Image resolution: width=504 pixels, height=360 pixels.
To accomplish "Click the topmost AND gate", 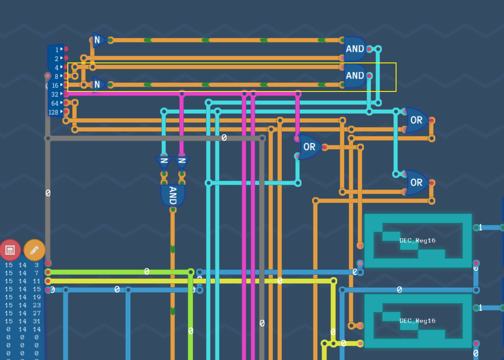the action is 355,49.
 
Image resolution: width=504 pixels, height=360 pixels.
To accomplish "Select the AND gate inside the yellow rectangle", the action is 355,75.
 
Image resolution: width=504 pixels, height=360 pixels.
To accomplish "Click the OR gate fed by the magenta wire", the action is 309,147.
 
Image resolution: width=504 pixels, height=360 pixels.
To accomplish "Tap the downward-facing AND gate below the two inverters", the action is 173,195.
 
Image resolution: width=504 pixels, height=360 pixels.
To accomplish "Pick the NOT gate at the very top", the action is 99,40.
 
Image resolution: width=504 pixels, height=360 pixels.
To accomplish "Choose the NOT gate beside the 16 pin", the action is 99,84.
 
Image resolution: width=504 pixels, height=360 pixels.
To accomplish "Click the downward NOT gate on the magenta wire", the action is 182,161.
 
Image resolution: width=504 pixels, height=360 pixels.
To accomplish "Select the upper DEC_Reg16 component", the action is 417,240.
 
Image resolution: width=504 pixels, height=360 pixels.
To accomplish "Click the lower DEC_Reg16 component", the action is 417,321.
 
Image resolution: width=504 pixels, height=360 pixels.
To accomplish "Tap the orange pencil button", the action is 34,250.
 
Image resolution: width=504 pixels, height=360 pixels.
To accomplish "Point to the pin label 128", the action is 53,112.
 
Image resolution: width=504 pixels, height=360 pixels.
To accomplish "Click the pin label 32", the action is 55,95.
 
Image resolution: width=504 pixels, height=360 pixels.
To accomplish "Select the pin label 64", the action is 55,103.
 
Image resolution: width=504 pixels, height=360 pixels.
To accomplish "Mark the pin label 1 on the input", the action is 57,50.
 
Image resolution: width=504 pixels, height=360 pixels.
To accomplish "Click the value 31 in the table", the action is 37,321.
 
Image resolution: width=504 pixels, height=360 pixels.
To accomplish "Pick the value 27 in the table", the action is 37,313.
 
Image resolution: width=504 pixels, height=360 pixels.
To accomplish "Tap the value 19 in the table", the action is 37,297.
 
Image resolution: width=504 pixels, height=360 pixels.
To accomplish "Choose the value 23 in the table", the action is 37,305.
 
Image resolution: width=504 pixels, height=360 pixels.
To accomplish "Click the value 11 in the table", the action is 37,281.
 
